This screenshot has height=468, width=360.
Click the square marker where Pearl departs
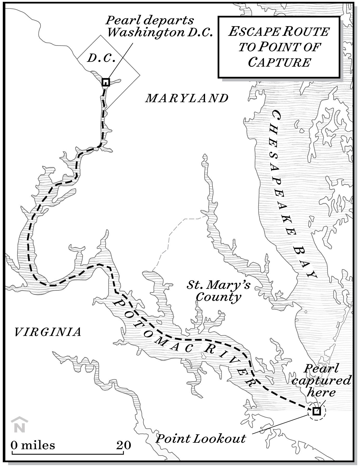point(106,82)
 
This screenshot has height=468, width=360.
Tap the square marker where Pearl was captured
point(316,411)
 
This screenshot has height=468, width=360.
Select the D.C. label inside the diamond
point(101,58)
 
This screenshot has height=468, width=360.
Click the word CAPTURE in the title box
point(279,63)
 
